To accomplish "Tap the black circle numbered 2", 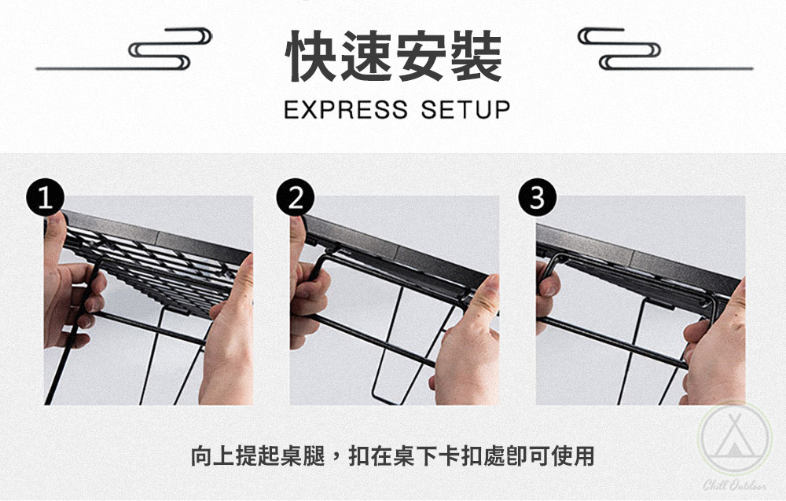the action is coord(296,197).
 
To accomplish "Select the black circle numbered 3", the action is coord(538,197).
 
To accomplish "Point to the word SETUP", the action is coord(465,110).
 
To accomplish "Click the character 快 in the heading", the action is coord(312,56).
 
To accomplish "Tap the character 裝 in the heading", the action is coord(476,56).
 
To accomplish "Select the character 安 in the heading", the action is coord(421,56).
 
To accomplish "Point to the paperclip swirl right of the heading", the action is coord(619,49).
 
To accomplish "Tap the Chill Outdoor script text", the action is coord(734,485).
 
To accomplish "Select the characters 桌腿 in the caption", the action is coord(303,456).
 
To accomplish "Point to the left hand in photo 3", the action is coord(546,295).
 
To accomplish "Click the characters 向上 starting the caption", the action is coord(213,456).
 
